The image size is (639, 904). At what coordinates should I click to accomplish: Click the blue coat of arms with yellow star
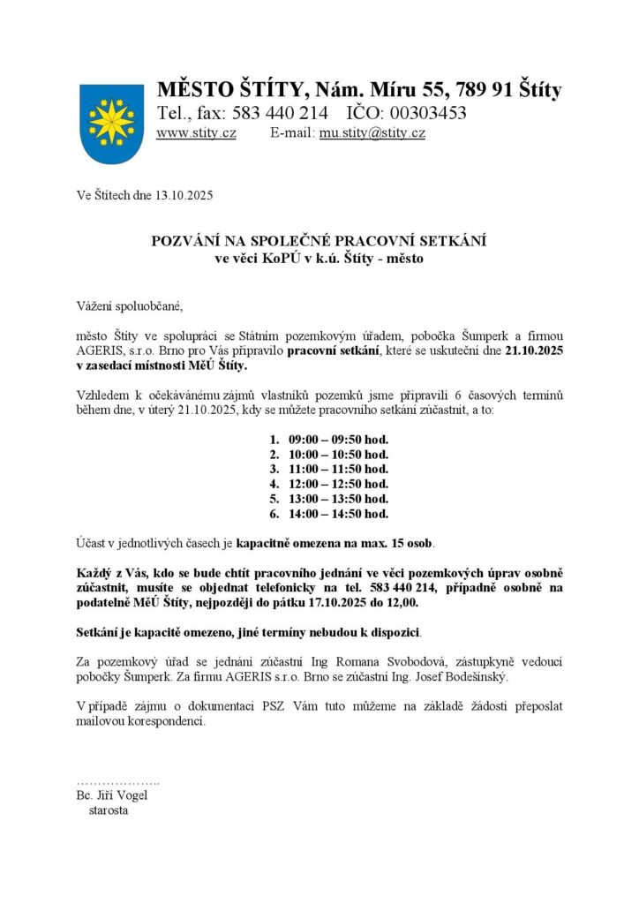(112, 123)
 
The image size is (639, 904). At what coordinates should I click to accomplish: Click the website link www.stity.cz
(196, 133)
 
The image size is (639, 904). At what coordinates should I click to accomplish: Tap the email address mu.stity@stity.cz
(372, 133)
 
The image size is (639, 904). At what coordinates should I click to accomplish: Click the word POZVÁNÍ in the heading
(192, 241)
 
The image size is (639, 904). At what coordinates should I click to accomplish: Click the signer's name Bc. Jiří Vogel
(112, 795)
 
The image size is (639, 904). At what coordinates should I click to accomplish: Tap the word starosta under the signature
(108, 810)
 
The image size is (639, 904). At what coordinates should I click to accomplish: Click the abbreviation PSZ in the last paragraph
(276, 705)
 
